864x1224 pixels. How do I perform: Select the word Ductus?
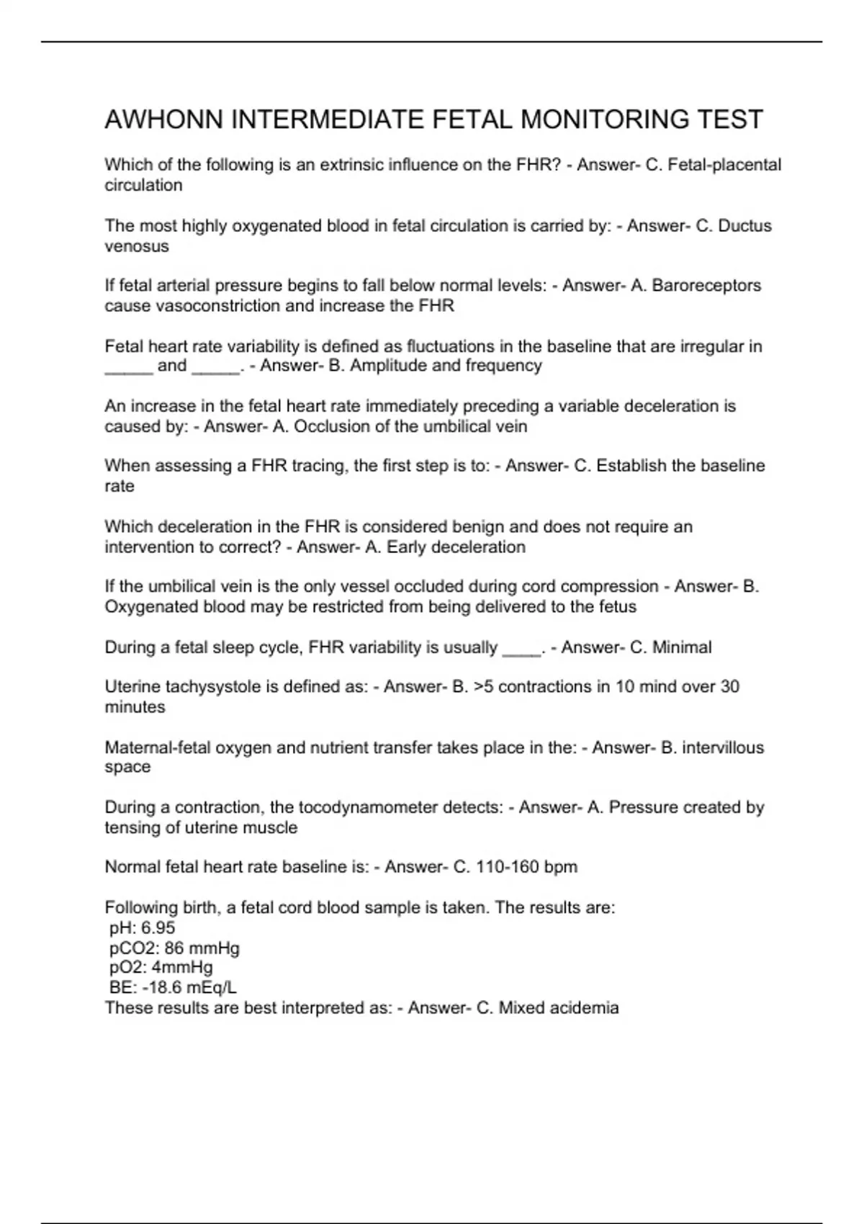(745, 226)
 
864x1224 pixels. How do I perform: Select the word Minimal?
(682, 647)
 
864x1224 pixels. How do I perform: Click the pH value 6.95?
(159, 928)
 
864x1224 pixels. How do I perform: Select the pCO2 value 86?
(174, 948)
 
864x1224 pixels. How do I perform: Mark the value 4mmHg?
(182, 968)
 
